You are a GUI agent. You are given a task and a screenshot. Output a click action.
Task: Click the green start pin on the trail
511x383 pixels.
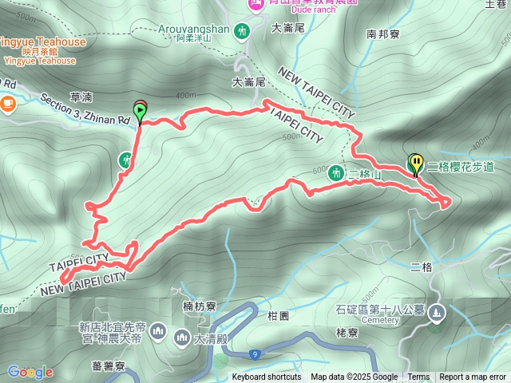(141, 114)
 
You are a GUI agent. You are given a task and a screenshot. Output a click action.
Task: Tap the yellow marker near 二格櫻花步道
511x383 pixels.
(415, 164)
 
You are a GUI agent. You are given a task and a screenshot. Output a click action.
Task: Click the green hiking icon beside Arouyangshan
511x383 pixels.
(244, 32)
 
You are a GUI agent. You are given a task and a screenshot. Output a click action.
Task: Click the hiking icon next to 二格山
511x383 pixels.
(336, 172)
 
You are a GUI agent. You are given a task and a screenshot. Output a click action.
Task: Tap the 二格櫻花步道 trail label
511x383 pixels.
(461, 167)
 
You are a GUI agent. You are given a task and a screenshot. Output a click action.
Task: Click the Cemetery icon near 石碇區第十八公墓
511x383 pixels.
(437, 313)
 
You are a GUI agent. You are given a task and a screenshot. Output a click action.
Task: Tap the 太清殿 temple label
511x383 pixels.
(208, 338)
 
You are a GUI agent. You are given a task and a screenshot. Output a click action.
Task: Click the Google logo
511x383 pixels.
(30, 372)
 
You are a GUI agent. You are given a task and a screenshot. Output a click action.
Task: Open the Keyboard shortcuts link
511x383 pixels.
(267, 377)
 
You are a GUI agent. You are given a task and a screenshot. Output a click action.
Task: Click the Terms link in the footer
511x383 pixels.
(418, 377)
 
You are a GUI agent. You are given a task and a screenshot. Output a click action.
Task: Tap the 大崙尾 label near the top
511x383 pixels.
(288, 27)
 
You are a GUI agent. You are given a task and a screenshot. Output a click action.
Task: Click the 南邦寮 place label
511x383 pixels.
(382, 34)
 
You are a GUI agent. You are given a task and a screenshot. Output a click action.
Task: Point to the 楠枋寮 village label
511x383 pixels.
(200, 306)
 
